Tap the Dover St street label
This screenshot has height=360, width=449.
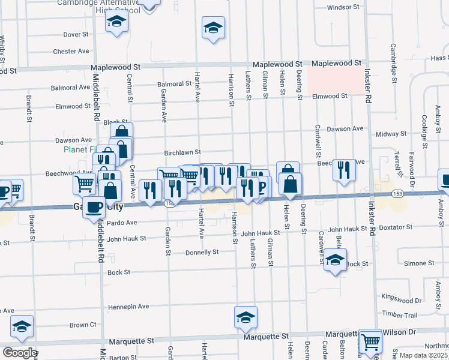click(76, 35)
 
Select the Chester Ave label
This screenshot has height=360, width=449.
click(71, 52)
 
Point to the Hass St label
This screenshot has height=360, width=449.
click(439, 58)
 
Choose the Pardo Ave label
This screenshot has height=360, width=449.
click(122, 223)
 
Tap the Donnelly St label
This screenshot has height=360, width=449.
click(202, 252)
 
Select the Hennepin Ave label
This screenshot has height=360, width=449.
click(128, 306)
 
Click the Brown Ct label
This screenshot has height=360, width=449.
click(79, 325)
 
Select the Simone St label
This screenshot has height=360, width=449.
click(419, 263)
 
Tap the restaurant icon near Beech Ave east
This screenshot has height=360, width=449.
click(344, 169)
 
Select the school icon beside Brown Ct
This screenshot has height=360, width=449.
click(22, 326)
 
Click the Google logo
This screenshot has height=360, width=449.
click(19, 353)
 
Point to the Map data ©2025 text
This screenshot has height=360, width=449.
click(424, 355)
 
